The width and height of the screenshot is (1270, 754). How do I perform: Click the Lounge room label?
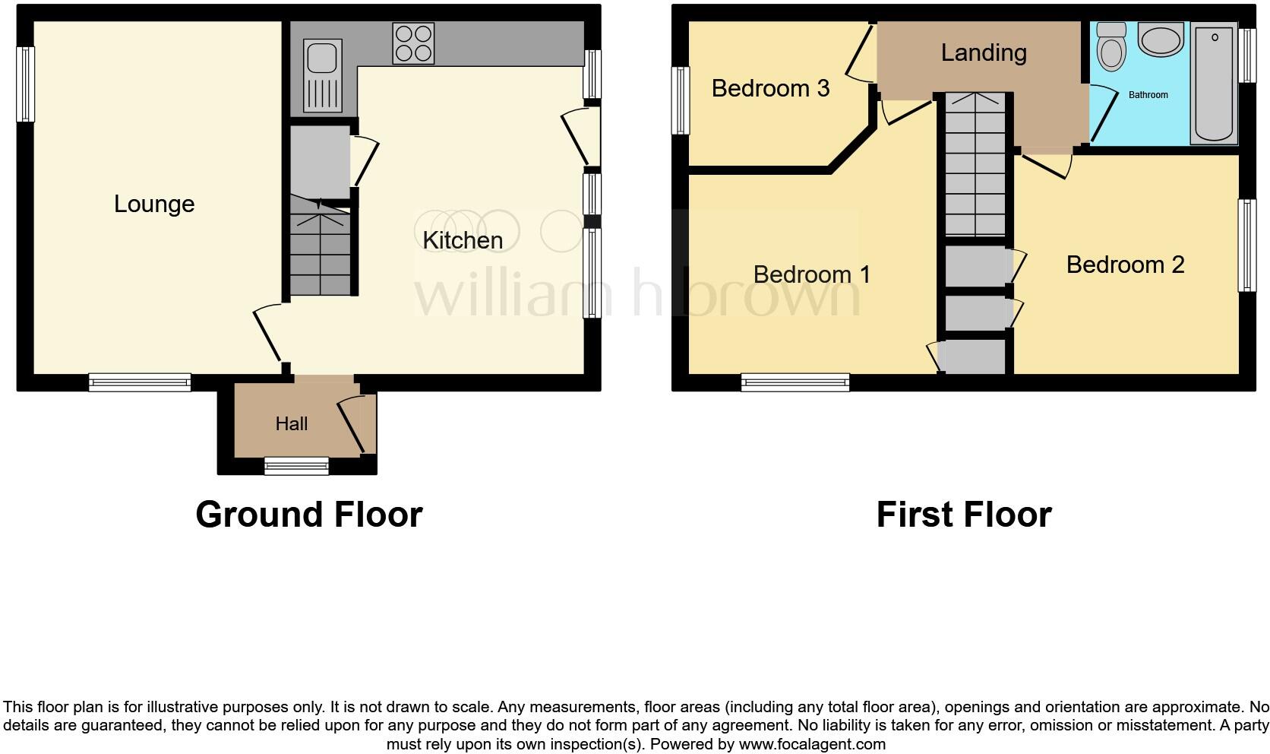point(154,204)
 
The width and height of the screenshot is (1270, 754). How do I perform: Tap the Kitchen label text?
point(463,240)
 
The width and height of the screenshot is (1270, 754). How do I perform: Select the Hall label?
point(292,423)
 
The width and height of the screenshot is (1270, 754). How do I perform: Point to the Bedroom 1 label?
point(811,274)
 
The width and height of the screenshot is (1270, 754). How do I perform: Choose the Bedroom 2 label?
point(1125,265)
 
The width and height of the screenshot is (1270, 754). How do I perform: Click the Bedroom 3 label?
point(770,88)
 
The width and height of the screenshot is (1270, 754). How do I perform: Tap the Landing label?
point(984,52)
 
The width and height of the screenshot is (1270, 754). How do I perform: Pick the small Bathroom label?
point(1148,95)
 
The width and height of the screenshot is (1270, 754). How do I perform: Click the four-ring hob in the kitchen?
point(413,43)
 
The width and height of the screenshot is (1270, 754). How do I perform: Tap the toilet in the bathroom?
point(1113,47)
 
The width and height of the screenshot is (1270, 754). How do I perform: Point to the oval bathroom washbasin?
point(1161,41)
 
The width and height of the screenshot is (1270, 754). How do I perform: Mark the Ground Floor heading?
point(308,515)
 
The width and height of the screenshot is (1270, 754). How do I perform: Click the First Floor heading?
point(963,515)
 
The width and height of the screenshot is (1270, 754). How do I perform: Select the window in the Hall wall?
point(296,466)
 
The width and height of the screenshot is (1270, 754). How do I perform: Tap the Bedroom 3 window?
point(681,100)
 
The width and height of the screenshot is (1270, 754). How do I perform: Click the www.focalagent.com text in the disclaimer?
point(812,744)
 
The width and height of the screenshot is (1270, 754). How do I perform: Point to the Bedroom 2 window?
point(1246,245)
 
